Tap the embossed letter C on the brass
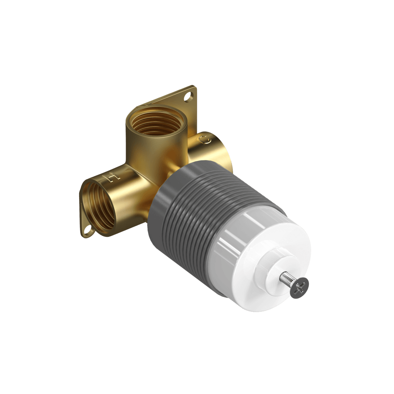point(204,140)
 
